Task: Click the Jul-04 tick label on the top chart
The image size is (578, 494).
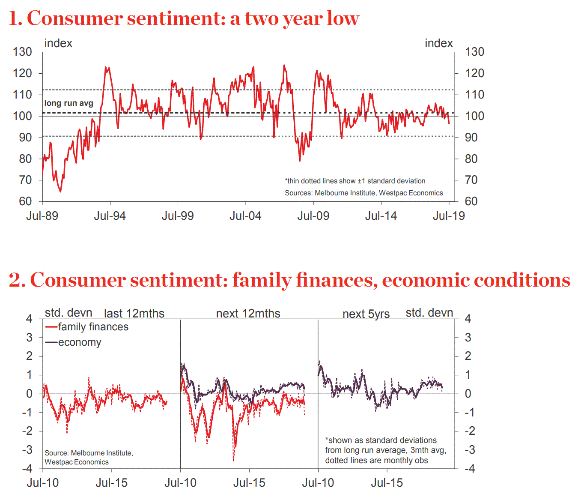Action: click(245, 216)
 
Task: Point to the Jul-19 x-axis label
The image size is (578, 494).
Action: click(449, 216)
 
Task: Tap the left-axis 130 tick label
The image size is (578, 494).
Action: click(22, 52)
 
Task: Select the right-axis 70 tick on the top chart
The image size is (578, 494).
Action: click(471, 180)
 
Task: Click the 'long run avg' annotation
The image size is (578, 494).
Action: click(69, 103)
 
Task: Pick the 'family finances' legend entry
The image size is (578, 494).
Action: click(93, 327)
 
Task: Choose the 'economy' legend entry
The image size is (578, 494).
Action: click(80, 342)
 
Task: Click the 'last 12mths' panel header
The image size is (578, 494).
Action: click(134, 314)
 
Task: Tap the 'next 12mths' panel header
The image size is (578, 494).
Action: click(248, 314)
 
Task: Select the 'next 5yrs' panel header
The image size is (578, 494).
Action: click(366, 314)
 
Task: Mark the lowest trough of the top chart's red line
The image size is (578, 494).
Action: click(60, 192)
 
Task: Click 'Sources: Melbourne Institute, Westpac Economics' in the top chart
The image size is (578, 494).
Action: click(364, 193)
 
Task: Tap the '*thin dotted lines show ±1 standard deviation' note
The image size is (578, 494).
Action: click(355, 181)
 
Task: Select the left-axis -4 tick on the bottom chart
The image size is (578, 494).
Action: click(27, 468)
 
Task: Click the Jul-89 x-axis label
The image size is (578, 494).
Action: click(42, 216)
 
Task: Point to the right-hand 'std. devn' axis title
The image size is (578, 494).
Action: click(429, 313)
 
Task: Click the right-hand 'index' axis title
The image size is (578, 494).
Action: click(438, 43)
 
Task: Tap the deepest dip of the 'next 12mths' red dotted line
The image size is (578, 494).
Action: click(233, 461)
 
